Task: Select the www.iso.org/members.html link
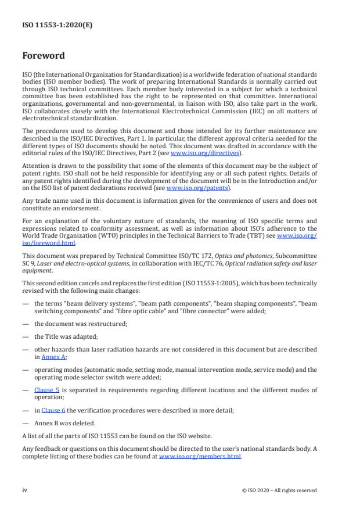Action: click(x=200, y=457)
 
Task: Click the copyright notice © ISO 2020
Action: click(x=279, y=490)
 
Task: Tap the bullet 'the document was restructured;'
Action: click(x=76, y=324)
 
